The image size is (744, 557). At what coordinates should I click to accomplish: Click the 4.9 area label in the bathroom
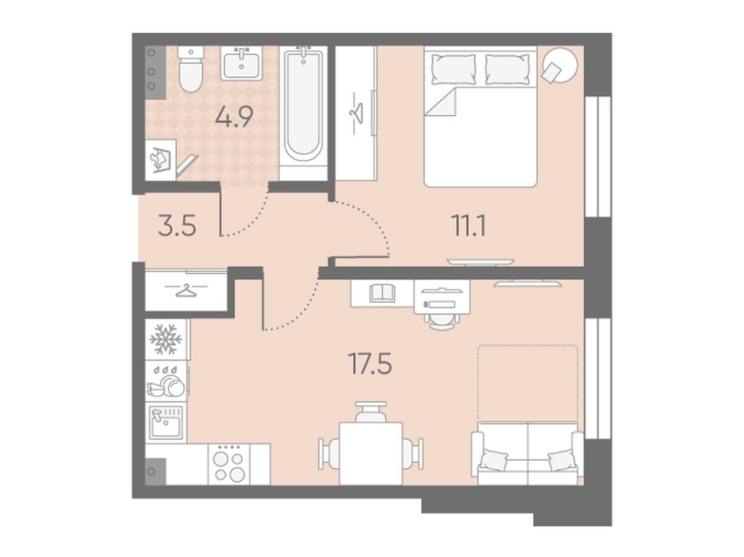[x=234, y=118]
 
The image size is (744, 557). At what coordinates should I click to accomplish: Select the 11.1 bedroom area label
[x=469, y=226]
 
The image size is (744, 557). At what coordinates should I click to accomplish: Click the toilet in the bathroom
[x=191, y=69]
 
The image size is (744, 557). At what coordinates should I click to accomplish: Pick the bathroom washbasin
[x=241, y=63]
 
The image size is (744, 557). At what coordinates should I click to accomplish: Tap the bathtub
[x=303, y=112]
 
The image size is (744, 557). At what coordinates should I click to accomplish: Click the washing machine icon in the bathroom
[x=161, y=160]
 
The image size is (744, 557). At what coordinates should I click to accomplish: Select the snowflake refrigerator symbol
[x=166, y=339]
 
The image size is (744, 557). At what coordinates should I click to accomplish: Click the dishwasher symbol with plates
[x=166, y=381]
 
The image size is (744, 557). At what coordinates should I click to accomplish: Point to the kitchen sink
[x=166, y=422]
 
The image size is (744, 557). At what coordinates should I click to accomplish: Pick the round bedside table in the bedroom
[x=559, y=65]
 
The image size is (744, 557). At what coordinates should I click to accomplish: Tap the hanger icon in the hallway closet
[x=186, y=290]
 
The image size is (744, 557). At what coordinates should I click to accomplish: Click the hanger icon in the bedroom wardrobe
[x=356, y=113]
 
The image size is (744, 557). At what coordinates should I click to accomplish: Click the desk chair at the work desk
[x=442, y=321]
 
